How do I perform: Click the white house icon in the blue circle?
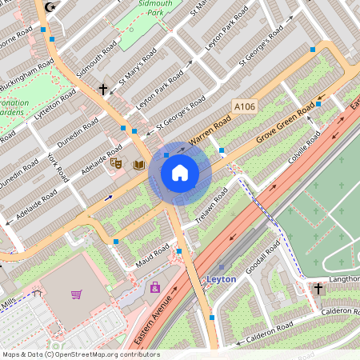tap(179, 172)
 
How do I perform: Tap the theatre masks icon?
tap(116, 163)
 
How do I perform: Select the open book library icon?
tap(139, 165)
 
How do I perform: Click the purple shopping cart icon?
tap(76, 294)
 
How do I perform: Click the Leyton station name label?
tap(222, 279)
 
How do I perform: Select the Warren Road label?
tap(209, 131)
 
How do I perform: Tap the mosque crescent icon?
tap(54, 7)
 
